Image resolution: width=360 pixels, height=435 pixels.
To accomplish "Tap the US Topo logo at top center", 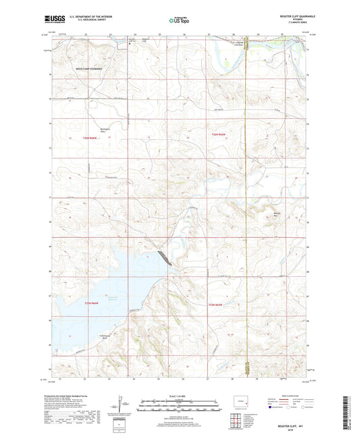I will [x=178, y=21].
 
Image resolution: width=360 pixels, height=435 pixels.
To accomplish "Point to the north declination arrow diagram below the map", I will [x=126, y=407].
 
